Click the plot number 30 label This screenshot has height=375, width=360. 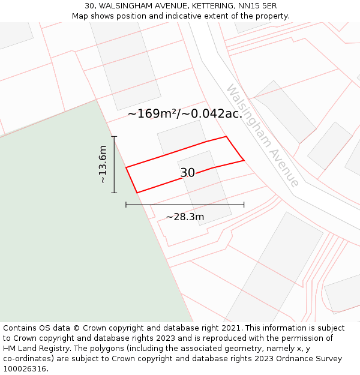pos(187,173)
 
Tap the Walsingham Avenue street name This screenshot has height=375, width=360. pos(262,135)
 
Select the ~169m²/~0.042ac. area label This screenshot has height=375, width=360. pos(184,113)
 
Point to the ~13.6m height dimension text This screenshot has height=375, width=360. pos(103,164)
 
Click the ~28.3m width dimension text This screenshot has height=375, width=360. pos(185,217)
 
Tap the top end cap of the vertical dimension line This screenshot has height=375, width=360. pos(114,137)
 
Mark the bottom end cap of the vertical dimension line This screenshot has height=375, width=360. pos(114,193)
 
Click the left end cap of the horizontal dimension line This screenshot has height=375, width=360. pos(126,205)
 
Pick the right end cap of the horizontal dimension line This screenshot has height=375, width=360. pos(244,205)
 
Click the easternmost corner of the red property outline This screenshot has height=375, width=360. pos(244,160)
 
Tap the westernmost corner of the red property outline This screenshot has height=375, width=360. pos(126,167)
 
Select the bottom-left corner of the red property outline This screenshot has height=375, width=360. pos(137,193)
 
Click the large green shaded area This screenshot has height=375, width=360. pos(72,228)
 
